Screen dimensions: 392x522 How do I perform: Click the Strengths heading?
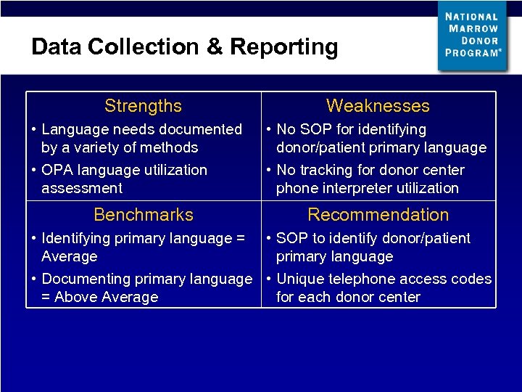pos(143,106)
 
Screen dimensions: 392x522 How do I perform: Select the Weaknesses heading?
pos(378,106)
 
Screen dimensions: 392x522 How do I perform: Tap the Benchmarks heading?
pos(144,215)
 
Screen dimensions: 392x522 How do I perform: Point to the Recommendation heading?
pos(378,215)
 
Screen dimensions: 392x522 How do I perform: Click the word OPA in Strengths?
pos(57,170)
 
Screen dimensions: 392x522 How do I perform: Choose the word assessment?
pos(82,188)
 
